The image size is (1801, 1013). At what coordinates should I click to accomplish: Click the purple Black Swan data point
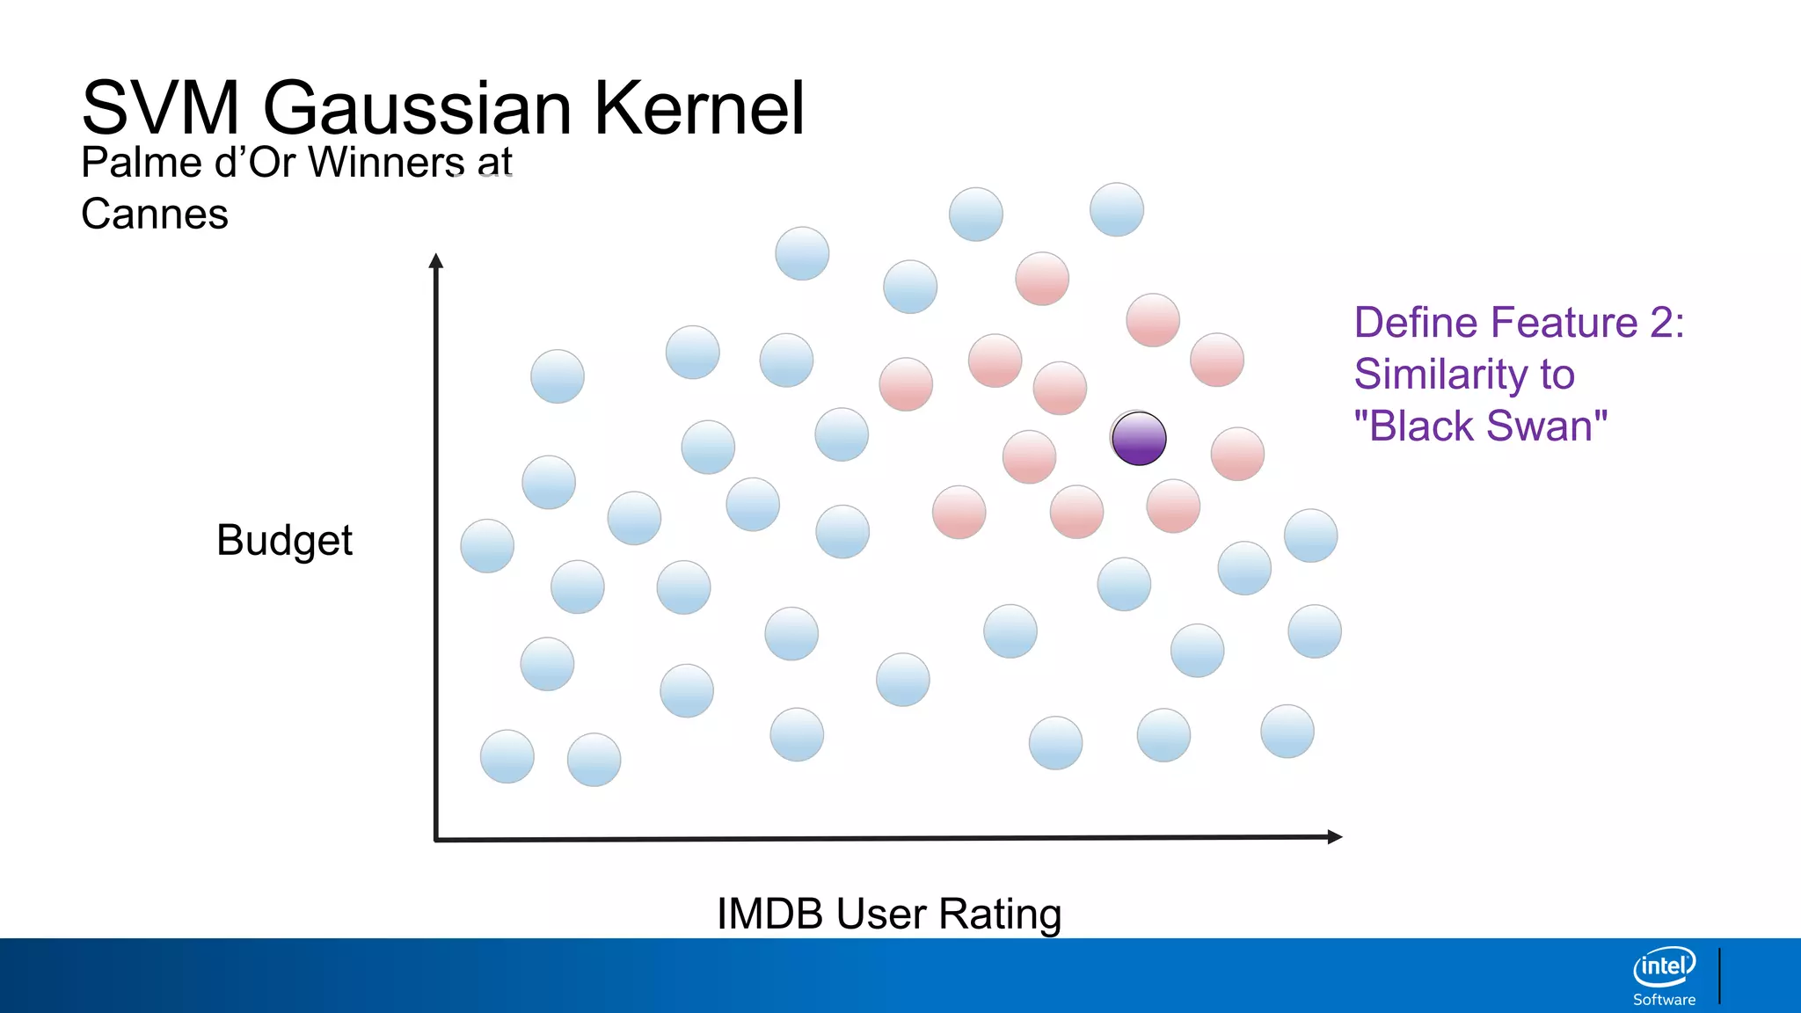[x=1139, y=438]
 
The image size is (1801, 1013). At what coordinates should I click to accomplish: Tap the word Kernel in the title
[x=699, y=108]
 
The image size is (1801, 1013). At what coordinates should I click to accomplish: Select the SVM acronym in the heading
[x=159, y=108]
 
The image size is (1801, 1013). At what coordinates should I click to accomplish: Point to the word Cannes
[x=155, y=215]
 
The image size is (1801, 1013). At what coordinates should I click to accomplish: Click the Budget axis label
[x=284, y=540]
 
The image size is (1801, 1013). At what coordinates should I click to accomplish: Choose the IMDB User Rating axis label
[x=889, y=914]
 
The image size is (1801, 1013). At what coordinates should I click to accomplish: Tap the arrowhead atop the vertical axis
[x=435, y=261]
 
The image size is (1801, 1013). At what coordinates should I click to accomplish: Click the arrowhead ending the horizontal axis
[x=1334, y=837]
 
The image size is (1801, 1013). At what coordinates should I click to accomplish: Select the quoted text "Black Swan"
[x=1481, y=426]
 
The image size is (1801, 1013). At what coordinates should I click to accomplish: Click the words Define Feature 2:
[x=1519, y=323]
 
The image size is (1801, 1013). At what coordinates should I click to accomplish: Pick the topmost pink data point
[x=1042, y=279]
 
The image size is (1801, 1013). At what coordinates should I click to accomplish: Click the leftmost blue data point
[x=487, y=546]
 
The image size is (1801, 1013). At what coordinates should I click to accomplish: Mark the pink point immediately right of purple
[x=1237, y=454]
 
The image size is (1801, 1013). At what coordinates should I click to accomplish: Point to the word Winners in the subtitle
[x=387, y=163]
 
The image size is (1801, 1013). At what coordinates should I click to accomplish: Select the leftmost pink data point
[x=906, y=384]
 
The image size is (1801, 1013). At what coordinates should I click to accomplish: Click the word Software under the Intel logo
[x=1664, y=1000]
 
